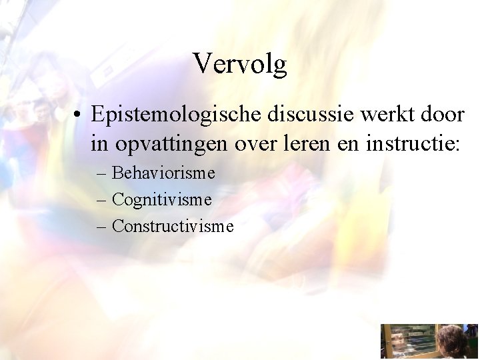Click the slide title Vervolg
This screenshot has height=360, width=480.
[x=240, y=64]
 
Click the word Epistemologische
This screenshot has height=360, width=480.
[x=177, y=115]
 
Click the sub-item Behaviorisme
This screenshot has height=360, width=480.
[x=163, y=173]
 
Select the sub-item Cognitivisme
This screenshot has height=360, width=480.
[x=162, y=199]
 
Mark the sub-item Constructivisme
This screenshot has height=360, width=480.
[x=173, y=226]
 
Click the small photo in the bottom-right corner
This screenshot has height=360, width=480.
[x=429, y=341]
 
